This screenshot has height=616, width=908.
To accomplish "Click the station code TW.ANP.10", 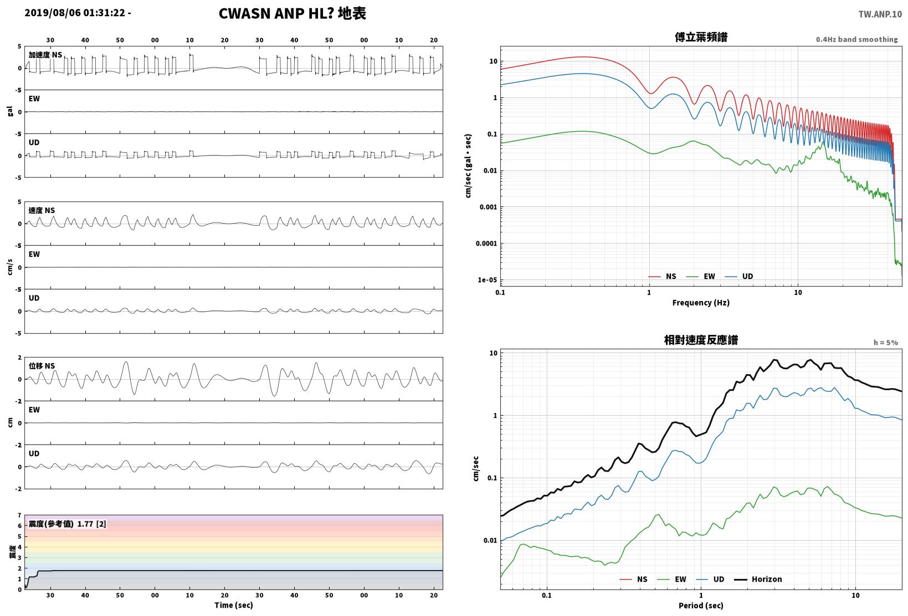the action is [x=880, y=14].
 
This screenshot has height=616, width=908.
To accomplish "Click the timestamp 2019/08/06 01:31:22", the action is [x=75, y=13].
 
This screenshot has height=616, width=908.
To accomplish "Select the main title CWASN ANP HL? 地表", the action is [x=293, y=13].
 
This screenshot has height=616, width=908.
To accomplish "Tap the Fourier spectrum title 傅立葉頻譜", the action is [x=701, y=37].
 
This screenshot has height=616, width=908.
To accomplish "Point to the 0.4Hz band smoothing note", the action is [x=857, y=39].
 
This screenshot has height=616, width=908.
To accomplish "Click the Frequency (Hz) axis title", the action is [x=701, y=303].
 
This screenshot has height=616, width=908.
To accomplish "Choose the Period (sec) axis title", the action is [x=701, y=605].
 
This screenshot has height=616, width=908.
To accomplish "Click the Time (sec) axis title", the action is [x=234, y=605].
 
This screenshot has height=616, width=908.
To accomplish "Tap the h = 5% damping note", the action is [x=886, y=343].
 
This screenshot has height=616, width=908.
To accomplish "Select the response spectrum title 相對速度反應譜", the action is [x=701, y=340].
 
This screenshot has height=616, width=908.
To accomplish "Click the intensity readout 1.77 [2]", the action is [x=91, y=524].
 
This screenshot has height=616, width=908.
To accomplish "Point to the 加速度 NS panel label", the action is [x=45, y=55].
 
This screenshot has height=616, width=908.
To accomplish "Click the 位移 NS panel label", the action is [x=42, y=366].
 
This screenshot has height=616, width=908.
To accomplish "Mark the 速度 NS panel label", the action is [x=42, y=210].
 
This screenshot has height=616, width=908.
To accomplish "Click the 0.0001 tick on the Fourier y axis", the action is [x=486, y=244].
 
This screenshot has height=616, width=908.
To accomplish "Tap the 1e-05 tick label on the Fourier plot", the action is [x=487, y=280].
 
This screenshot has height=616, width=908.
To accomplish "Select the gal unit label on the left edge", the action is [x=10, y=111].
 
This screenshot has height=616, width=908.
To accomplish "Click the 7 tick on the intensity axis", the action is [x=19, y=515].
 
